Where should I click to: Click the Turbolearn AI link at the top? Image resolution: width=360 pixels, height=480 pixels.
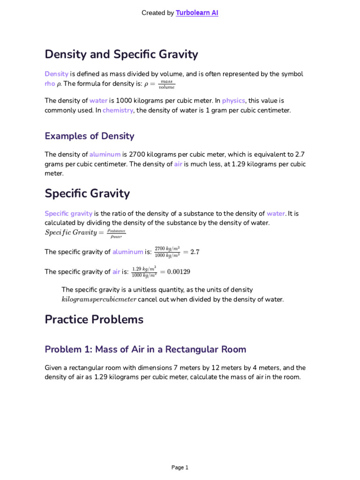[x=197, y=13]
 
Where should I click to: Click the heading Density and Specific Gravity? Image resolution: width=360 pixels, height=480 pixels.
[x=121, y=54]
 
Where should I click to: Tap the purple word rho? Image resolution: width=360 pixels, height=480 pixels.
[x=50, y=84]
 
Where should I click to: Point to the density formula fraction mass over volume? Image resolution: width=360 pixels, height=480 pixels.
[x=166, y=84]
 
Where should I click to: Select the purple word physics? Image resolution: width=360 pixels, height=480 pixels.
[x=233, y=101]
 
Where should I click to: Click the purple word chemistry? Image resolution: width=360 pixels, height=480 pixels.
[x=118, y=111]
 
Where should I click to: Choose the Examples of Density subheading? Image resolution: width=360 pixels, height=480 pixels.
[x=90, y=136]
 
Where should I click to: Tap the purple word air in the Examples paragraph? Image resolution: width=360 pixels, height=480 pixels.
[x=178, y=164]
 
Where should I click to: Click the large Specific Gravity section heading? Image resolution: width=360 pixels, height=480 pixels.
[x=87, y=193]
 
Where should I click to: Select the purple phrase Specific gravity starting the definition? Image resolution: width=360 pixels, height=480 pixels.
[x=68, y=214]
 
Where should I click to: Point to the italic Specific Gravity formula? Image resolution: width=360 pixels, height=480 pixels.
[x=85, y=233]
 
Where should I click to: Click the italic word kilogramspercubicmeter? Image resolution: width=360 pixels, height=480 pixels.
[x=98, y=300]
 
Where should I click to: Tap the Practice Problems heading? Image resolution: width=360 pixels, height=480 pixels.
[x=94, y=320]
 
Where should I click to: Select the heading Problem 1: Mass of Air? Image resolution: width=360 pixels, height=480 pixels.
[x=145, y=349]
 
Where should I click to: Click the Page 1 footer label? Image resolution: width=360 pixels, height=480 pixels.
[x=180, y=467]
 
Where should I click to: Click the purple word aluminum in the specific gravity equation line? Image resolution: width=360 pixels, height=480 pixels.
[x=128, y=252]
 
